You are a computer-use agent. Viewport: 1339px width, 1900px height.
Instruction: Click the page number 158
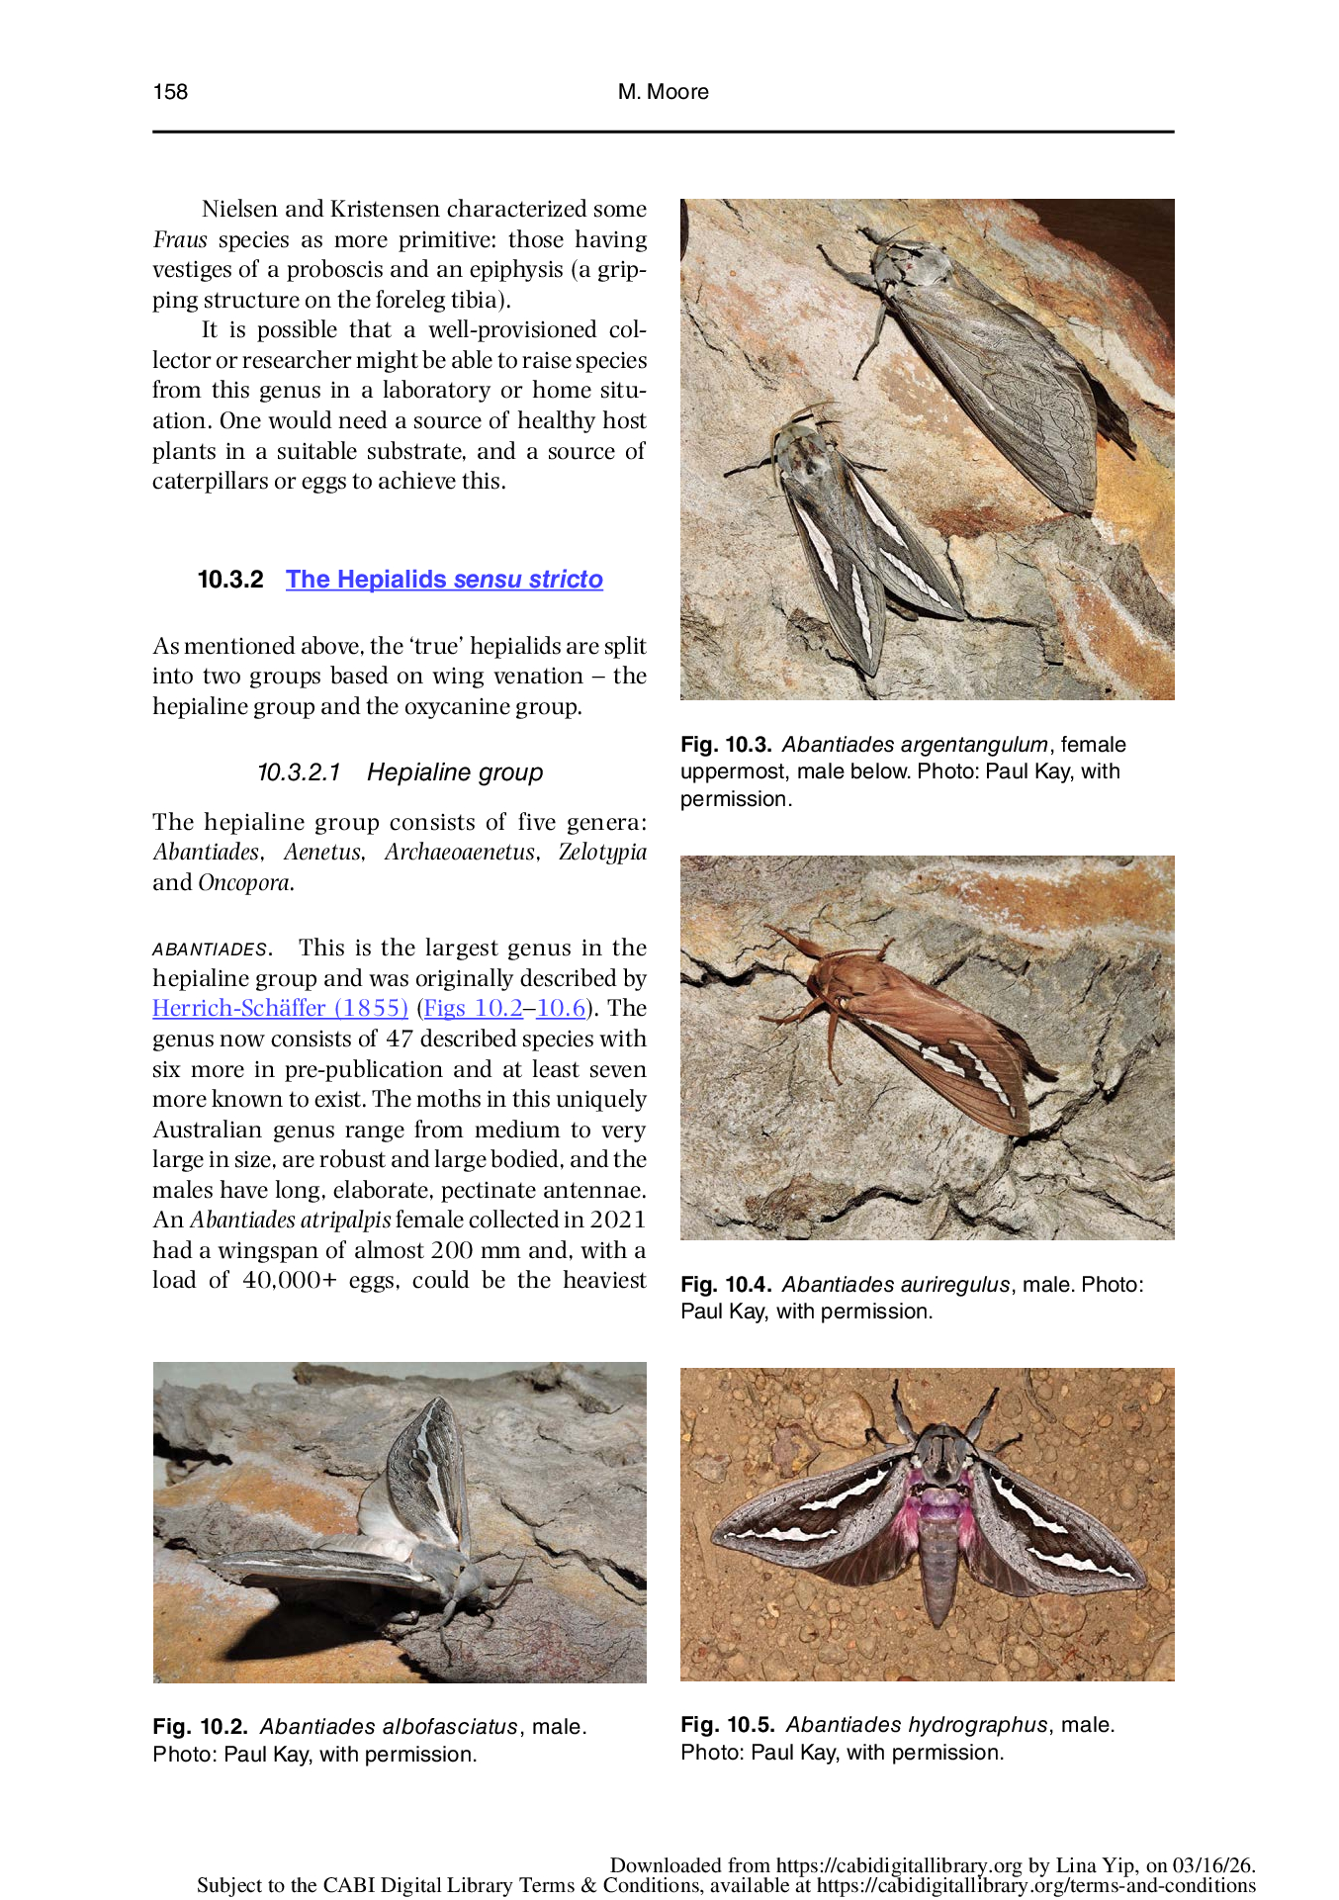click(x=170, y=92)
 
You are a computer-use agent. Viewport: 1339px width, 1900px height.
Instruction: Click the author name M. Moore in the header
click(x=663, y=92)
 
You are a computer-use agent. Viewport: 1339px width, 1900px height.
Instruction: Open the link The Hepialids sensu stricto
click(x=444, y=580)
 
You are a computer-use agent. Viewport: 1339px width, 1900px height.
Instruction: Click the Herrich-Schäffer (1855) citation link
click(x=280, y=1009)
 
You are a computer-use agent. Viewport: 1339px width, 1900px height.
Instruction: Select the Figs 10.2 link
click(x=473, y=1009)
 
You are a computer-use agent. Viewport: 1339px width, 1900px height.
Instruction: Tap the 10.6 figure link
click(x=561, y=1009)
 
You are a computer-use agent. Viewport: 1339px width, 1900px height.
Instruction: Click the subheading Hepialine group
click(x=454, y=772)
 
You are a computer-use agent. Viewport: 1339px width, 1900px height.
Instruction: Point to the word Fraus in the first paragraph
click(x=179, y=240)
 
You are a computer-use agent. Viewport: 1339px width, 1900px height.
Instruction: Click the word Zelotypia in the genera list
click(x=602, y=853)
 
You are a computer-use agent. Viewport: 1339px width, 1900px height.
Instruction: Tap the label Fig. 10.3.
click(x=725, y=745)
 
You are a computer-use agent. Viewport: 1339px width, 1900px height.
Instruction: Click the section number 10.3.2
click(x=230, y=580)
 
